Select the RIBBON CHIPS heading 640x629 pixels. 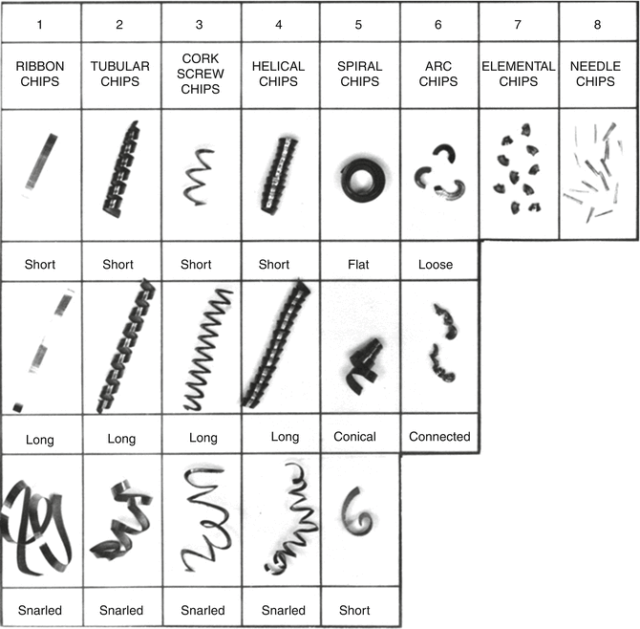[x=40, y=74]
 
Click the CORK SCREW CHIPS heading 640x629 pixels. [x=201, y=74]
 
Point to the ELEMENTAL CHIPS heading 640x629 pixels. [x=519, y=74]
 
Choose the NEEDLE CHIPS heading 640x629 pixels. [x=598, y=74]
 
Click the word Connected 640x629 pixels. [x=439, y=437]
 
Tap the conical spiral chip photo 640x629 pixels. [x=358, y=363]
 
